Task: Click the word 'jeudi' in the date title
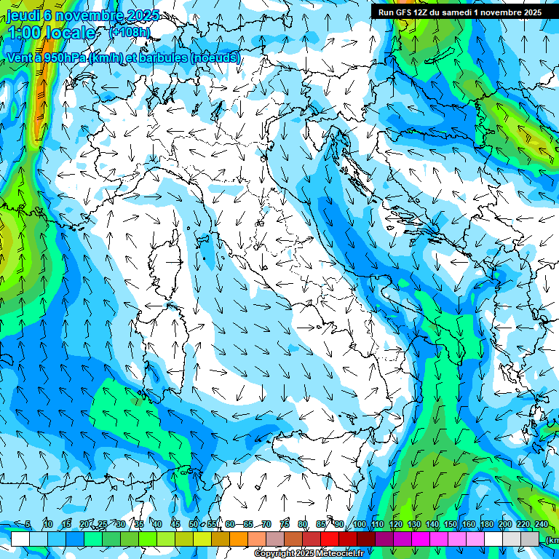pyautogui.click(x=23, y=16)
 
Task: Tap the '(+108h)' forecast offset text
pyautogui.click(x=130, y=32)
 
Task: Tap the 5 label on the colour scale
pyautogui.click(x=28, y=524)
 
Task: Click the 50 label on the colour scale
pyautogui.click(x=193, y=524)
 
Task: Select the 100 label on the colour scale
pyautogui.click(x=360, y=524)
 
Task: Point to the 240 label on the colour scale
pyautogui.click(x=542, y=524)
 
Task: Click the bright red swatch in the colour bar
pyautogui.click(x=330, y=539)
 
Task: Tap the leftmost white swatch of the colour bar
pyautogui.click(x=20, y=539)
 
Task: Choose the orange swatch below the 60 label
pyautogui.click(x=239, y=539)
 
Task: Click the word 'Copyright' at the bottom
pyautogui.click(x=274, y=554)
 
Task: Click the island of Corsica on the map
pyautogui.click(x=166, y=250)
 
